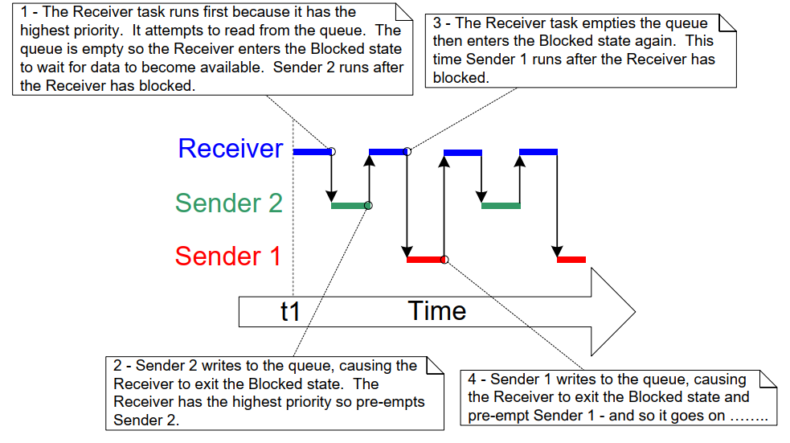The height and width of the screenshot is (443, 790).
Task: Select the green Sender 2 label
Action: (229, 203)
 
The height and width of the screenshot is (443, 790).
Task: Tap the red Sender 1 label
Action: (228, 256)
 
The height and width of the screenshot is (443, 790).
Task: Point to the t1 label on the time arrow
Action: (290, 311)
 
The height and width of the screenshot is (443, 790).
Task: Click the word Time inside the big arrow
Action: (437, 310)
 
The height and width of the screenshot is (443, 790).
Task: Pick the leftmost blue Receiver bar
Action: (312, 151)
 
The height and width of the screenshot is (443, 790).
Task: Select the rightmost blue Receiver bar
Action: (538, 151)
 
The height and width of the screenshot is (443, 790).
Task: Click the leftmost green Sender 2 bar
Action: (350, 206)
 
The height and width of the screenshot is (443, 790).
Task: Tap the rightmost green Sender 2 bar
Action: (501, 206)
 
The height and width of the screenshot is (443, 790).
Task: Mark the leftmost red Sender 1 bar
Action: (425, 260)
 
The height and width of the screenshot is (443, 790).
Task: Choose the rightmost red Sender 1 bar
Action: (571, 260)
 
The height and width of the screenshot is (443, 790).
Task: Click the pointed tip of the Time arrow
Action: (634, 311)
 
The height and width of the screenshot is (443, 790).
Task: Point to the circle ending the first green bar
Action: (369, 206)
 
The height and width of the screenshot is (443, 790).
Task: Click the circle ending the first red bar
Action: (444, 260)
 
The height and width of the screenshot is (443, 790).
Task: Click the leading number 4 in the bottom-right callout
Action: (473, 379)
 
